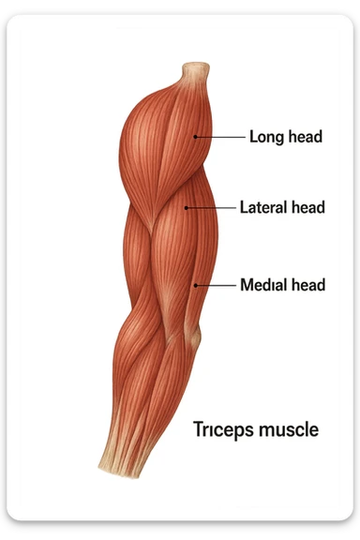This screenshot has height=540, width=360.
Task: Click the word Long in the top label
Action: click(265, 137)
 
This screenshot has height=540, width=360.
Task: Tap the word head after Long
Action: click(304, 137)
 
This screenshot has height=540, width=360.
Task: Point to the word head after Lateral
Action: click(307, 207)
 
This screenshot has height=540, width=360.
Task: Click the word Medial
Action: click(263, 284)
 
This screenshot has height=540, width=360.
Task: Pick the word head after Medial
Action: click(307, 284)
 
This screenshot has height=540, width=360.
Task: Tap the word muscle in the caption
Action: click(289, 430)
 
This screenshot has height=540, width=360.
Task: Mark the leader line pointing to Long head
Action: click(221, 137)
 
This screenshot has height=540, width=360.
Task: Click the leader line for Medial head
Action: click(216, 284)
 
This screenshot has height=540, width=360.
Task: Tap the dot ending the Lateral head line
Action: click(187, 207)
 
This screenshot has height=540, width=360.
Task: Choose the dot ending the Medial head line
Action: click(195, 284)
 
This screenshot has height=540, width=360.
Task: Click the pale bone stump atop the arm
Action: click(195, 71)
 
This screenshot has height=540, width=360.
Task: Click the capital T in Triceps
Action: click(198, 430)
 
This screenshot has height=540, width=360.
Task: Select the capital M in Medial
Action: click(247, 284)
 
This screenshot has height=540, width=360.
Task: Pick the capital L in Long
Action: click(253, 137)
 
